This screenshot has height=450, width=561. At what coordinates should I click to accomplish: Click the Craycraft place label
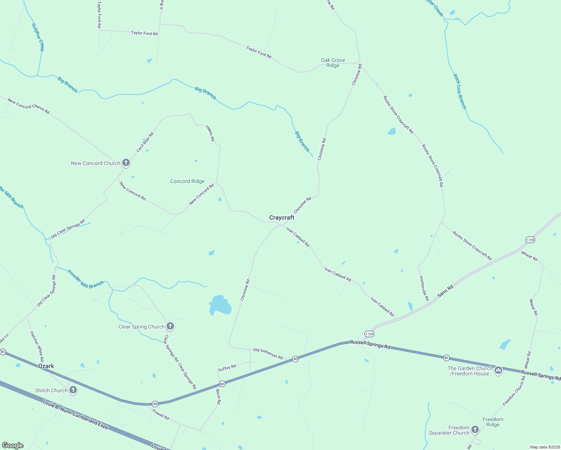[282, 217]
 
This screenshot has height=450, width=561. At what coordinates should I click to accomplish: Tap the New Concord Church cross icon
[126, 163]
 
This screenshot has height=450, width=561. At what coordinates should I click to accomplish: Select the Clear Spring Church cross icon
[170, 326]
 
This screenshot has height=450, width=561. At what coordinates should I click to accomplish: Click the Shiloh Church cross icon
[73, 390]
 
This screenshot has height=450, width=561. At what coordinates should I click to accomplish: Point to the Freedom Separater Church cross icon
[475, 429]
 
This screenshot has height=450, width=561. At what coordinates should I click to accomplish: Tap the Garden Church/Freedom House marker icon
[498, 370]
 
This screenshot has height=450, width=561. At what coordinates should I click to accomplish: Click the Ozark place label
[46, 366]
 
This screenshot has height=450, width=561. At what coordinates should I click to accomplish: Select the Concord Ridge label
[187, 181]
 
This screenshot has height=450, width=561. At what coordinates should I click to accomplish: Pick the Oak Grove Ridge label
[333, 63]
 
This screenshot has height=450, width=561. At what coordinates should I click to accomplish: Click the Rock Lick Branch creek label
[460, 91]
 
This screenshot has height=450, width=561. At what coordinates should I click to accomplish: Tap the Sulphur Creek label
[38, 37]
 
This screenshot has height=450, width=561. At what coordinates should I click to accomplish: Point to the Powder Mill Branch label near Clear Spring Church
[85, 279]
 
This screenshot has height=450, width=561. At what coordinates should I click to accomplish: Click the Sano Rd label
[445, 291]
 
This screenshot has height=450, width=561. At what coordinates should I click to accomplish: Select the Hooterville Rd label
[424, 288]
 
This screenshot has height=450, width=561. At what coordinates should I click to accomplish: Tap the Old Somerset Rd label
[268, 353]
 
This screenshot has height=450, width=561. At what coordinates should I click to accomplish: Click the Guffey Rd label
[227, 368]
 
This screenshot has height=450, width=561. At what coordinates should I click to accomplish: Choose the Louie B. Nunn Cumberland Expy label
[75, 414]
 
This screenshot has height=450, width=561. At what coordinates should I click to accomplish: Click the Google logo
[13, 445]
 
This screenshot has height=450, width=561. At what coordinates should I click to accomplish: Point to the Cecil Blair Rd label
[145, 142]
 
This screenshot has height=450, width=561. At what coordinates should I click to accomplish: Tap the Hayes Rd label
[210, 133]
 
